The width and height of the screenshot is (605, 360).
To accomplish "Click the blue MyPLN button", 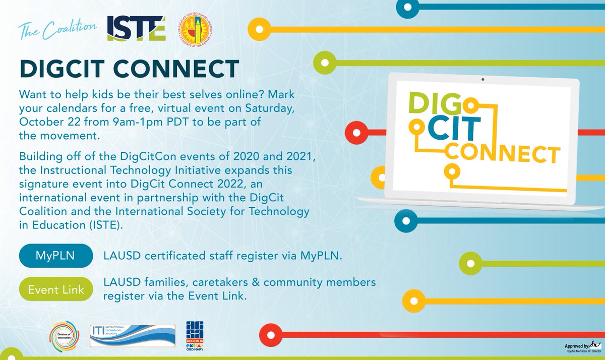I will click(x=55, y=256).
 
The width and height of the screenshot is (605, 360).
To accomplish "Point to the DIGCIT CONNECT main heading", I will click(x=129, y=70).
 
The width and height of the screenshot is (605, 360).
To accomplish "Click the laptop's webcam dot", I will click(x=482, y=80).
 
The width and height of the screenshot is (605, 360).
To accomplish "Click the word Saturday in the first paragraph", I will click(x=293, y=108).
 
